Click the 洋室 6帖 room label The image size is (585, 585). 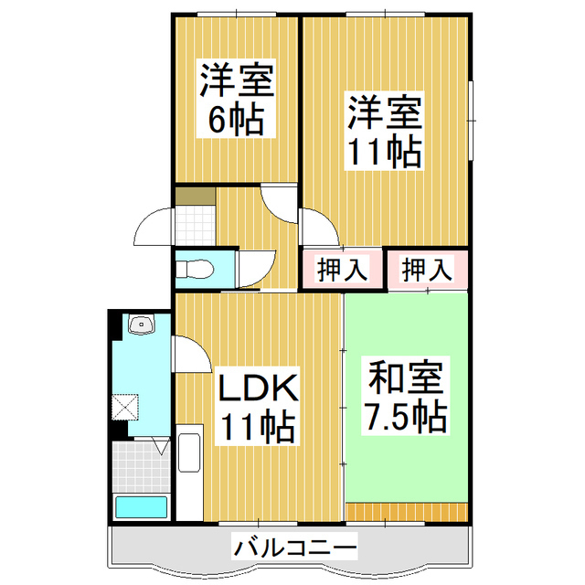click(236, 99)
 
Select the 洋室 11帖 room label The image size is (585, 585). click(384, 131)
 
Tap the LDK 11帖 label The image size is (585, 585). click(258, 406)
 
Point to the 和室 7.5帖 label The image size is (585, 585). click(405, 396)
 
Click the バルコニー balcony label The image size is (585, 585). click(294, 546)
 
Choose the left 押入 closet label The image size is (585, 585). click(342, 269)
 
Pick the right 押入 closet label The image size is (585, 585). click(427, 269)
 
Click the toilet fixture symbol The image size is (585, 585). click(195, 269)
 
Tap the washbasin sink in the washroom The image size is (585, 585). click(142, 324)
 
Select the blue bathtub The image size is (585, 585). click(141, 507)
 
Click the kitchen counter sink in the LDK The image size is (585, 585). click(189, 452)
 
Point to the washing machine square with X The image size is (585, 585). click(125, 407)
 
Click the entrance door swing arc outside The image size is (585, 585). click(154, 227)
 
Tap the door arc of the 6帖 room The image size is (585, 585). click(279, 204)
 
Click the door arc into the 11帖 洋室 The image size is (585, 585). click(320, 228)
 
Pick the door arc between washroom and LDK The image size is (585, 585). click(191, 354)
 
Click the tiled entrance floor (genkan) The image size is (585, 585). click(196, 226)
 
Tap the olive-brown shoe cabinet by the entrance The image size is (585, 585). click(196, 197)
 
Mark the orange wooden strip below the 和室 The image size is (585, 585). click(407, 512)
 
